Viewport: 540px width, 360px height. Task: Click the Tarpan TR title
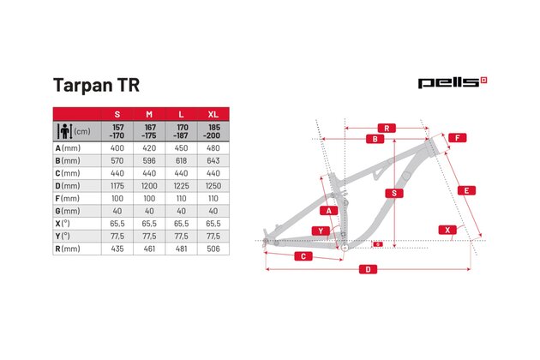tap(96, 85)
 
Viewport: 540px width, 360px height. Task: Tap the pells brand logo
tap(453, 82)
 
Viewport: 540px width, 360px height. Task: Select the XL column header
tap(213, 114)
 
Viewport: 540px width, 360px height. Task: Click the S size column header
tap(117, 114)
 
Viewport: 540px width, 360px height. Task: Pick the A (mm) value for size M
tap(149, 148)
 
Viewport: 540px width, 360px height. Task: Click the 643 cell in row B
tap(213, 161)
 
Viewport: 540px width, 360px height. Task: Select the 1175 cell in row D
tap(117, 186)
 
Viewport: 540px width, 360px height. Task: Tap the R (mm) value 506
tap(213, 249)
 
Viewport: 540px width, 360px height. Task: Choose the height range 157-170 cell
tap(117, 131)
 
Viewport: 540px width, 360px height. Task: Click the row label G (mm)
tap(68, 211)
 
